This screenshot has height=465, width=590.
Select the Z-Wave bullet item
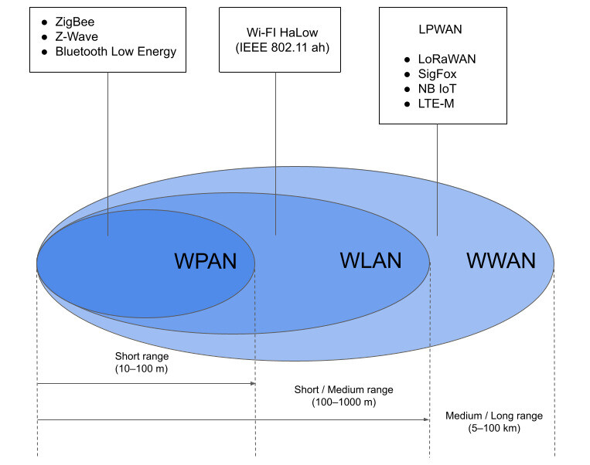point(76,37)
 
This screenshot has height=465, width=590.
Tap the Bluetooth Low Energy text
point(115,52)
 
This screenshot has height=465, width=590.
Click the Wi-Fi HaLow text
point(275,33)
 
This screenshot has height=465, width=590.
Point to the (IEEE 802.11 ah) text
point(275,48)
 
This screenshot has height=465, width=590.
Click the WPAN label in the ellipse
point(206,260)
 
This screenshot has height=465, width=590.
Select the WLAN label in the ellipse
point(370,260)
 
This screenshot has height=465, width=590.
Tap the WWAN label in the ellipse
point(500,260)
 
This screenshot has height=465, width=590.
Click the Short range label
point(142,356)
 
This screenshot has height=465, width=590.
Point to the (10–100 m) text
point(142,369)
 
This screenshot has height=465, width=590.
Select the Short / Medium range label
point(344,389)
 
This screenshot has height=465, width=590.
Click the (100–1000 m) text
point(344,402)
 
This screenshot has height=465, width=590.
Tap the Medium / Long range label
point(494,416)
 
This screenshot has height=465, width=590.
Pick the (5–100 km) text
point(494,428)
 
